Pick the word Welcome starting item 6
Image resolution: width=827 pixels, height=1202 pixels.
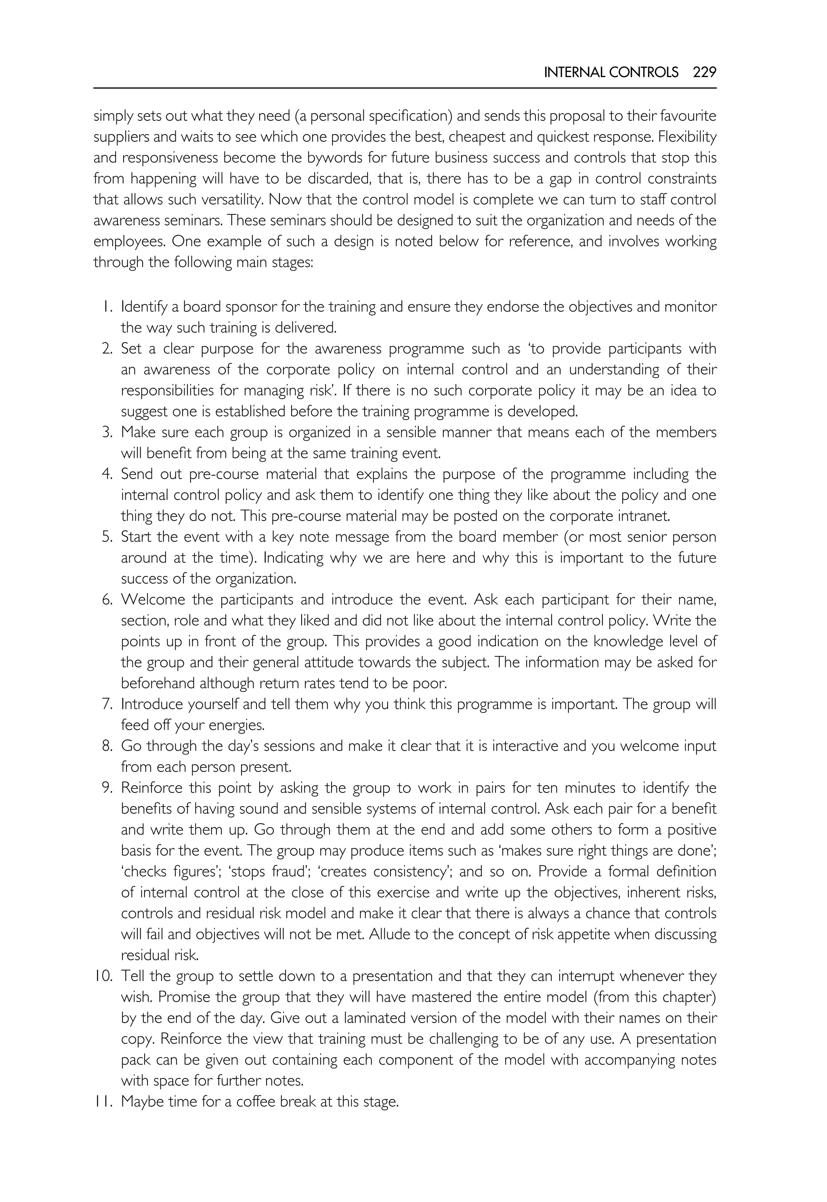pyautogui.click(x=153, y=600)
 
